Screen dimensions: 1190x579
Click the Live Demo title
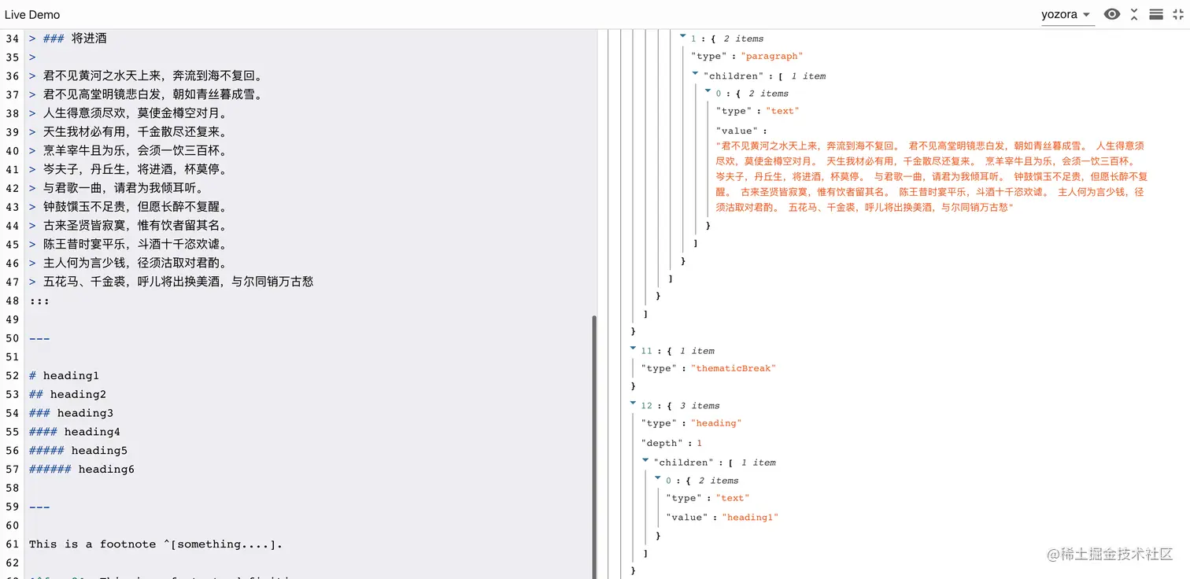pyautogui.click(x=32, y=15)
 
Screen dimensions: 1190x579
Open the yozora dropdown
pyautogui.click(x=1066, y=15)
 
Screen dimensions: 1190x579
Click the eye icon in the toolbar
pyautogui.click(x=1111, y=14)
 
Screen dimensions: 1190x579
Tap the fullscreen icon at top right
pyautogui.click(x=1177, y=14)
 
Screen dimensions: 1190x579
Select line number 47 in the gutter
pyautogui.click(x=12, y=282)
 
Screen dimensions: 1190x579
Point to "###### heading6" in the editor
pyautogui.click(x=82, y=469)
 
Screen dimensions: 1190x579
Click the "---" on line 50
pyautogui.click(x=39, y=338)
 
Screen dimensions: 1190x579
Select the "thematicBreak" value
pyautogui.click(x=734, y=368)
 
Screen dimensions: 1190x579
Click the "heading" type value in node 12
pyautogui.click(x=716, y=423)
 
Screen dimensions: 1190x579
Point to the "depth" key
pyautogui.click(x=659, y=443)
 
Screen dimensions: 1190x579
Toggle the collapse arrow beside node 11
pyautogui.click(x=633, y=349)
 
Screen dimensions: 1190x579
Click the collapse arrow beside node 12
pyautogui.click(x=633, y=404)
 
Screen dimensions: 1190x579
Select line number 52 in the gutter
pyautogui.click(x=12, y=375)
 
